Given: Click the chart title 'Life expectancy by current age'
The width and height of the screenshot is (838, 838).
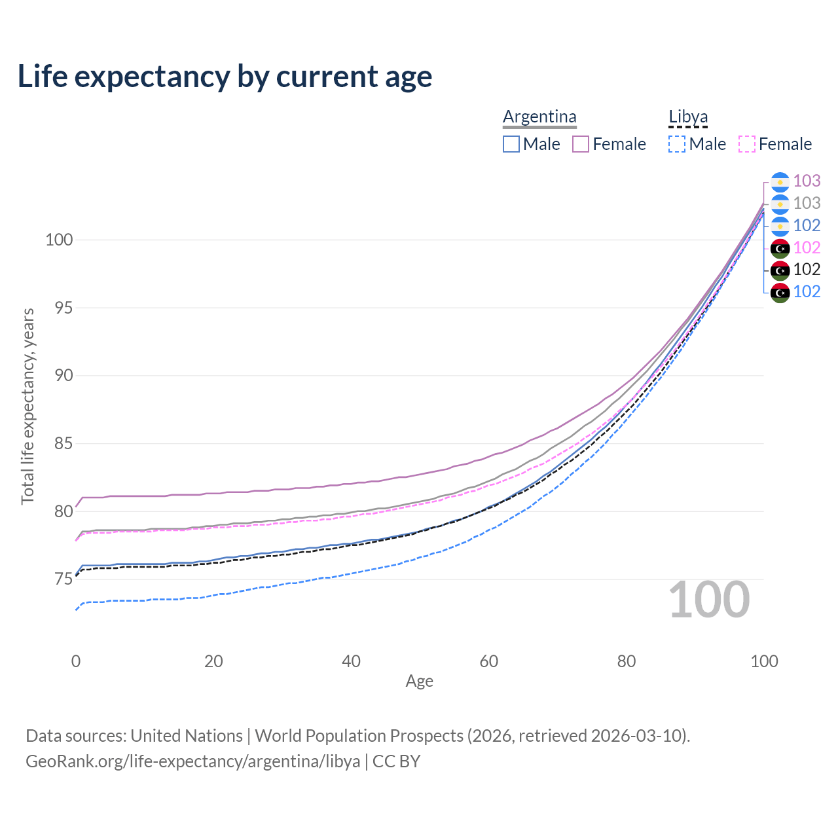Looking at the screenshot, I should pos(225,77).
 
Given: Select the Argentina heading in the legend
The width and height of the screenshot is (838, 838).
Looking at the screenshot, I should pos(539,117).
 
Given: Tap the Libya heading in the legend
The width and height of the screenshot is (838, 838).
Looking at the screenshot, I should pos(688,117).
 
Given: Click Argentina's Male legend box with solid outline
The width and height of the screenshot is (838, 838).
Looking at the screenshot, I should pos(511,144).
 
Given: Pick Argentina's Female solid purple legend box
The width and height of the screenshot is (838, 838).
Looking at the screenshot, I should pos(581,144).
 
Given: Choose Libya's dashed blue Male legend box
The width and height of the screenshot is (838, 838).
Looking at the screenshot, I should pos(677,144).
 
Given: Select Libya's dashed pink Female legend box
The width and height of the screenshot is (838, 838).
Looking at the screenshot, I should pos(747,144).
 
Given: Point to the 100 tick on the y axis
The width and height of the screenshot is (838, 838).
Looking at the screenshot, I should pos(58,240).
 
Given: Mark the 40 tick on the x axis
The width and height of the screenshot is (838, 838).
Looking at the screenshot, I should pos(351,661).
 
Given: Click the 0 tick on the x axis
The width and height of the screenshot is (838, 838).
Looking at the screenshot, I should pos(76,661).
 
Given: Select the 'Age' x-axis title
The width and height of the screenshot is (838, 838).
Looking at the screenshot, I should pos(419,681).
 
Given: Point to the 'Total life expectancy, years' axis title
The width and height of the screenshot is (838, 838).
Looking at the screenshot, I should pos(27,406).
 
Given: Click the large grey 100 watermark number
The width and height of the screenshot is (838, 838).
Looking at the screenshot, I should pos(709,600).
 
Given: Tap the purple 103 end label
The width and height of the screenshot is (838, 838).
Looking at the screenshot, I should pos(807,181).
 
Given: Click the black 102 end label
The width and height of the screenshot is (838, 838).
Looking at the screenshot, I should pos(807,269).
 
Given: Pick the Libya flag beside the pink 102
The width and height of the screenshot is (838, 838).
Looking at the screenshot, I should pos(780,247).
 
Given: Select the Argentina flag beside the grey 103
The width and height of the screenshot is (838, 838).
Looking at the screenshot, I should pos(780,204).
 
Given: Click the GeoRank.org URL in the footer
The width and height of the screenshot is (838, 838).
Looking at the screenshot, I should pos(193,761).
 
